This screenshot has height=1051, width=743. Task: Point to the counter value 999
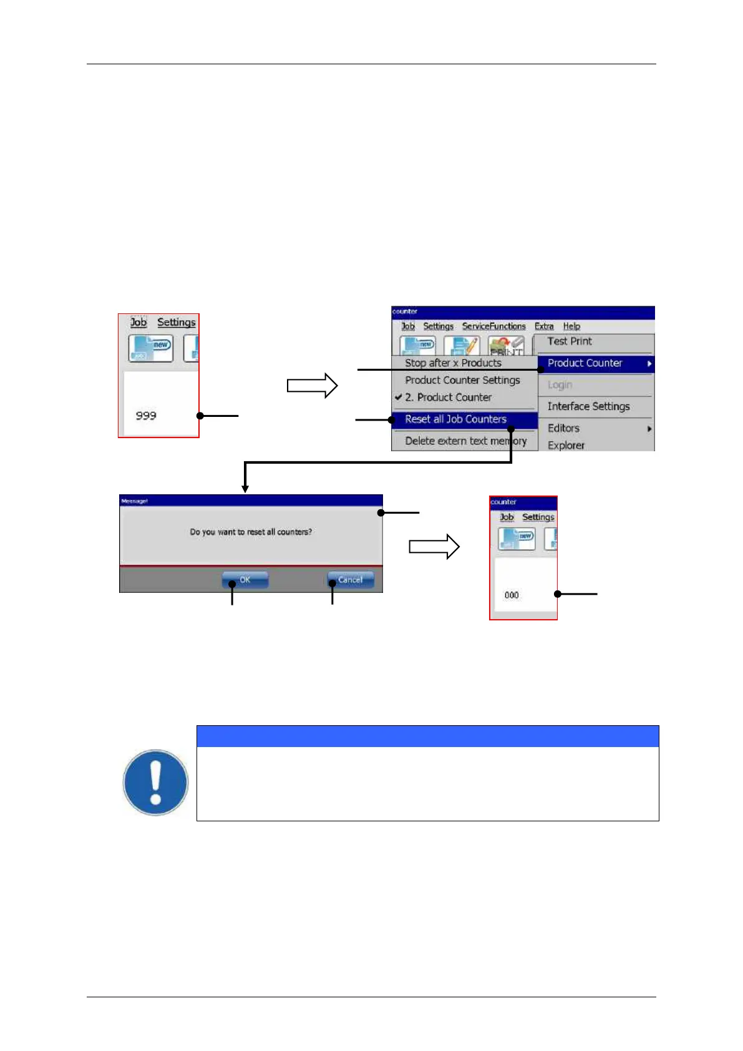[146, 416]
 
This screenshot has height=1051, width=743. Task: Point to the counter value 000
[512, 595]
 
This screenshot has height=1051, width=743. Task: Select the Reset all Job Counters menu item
[456, 419]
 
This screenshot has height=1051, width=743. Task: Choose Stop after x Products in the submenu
[453, 363]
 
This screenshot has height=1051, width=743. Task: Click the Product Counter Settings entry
[462, 380]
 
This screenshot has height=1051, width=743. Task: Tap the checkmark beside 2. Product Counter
[399, 397]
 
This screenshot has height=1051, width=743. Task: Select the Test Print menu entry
[570, 341]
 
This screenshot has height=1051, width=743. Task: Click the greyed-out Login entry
[560, 385]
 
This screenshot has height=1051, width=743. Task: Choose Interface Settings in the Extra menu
[588, 407]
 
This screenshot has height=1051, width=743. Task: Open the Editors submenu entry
[564, 429]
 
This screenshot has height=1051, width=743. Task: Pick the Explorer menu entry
[566, 445]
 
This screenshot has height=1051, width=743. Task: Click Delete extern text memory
[465, 441]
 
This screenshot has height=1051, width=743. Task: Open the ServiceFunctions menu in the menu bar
[493, 326]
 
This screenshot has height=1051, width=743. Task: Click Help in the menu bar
[571, 326]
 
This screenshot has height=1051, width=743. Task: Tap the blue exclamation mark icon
[155, 783]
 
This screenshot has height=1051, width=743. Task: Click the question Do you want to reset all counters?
[251, 532]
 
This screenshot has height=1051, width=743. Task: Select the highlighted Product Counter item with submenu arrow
[585, 363]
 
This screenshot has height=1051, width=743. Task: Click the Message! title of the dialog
[134, 501]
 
